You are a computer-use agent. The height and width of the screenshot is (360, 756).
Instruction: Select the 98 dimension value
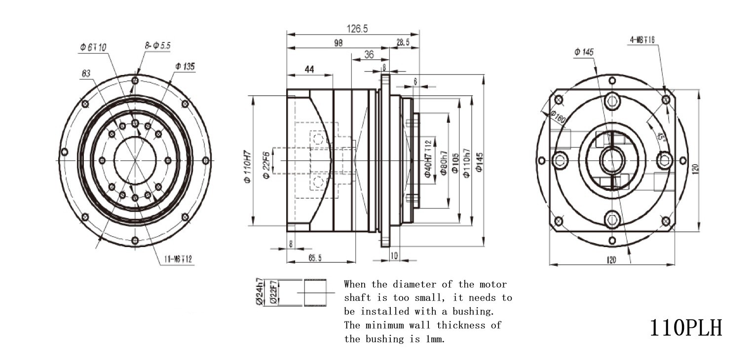tap(338, 43)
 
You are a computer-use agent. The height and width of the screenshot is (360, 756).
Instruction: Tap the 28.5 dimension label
tap(403, 43)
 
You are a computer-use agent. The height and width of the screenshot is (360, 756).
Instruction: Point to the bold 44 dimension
tap(309, 70)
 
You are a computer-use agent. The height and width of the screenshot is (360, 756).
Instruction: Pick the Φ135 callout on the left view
tap(184, 66)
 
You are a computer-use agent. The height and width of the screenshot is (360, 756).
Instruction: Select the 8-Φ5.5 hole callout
tap(157, 45)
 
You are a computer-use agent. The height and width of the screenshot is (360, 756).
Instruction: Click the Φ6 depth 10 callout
tap(93, 47)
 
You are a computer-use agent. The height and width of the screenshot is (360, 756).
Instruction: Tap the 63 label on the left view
tap(86, 73)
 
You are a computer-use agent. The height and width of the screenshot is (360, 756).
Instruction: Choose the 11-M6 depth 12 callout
tap(178, 260)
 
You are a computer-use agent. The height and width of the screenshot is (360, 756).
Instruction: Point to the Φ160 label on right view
tap(558, 117)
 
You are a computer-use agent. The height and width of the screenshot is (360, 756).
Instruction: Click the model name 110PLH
tap(686, 327)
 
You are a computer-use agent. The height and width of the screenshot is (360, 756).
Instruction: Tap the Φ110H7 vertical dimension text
tap(248, 167)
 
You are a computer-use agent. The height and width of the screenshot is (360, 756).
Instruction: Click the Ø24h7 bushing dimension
tap(259, 292)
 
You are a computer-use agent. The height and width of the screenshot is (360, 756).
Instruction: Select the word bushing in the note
tap(473, 312)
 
